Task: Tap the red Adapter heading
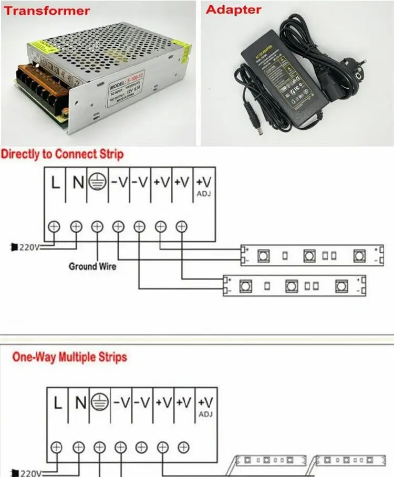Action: [233, 9]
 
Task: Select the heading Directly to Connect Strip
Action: [62, 154]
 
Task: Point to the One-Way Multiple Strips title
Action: [69, 357]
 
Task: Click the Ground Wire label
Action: [92, 266]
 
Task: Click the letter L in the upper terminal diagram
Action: [55, 183]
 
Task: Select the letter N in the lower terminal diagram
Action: [80, 403]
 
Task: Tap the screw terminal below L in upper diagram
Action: [54, 226]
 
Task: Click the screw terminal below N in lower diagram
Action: [78, 447]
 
